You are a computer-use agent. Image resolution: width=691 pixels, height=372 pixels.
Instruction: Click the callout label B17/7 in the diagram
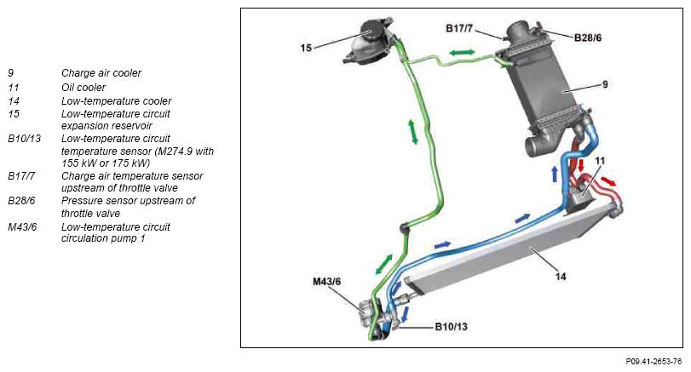click(x=458, y=29)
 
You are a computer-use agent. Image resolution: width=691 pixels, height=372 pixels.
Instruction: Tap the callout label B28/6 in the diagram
click(x=587, y=37)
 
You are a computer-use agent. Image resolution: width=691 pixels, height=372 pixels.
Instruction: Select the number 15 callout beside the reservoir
click(x=306, y=48)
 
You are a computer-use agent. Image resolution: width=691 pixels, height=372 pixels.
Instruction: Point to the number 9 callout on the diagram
click(x=605, y=84)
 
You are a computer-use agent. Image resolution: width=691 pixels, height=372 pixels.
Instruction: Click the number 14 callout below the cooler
click(x=560, y=277)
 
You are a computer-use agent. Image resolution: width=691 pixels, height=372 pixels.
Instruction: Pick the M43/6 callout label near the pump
click(x=326, y=281)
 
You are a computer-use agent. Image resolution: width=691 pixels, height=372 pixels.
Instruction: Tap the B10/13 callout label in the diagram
click(x=451, y=327)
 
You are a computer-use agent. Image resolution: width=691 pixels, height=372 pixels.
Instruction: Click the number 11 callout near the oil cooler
click(x=600, y=161)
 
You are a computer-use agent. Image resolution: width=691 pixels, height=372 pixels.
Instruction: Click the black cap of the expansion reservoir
click(x=372, y=29)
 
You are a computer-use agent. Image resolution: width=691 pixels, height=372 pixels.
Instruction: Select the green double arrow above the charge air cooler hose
click(x=462, y=53)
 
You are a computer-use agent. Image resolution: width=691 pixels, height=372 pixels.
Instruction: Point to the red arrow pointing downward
click(x=581, y=165)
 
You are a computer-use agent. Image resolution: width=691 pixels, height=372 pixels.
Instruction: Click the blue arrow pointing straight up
click(x=555, y=174)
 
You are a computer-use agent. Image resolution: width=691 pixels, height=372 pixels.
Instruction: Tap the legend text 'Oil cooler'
click(x=83, y=87)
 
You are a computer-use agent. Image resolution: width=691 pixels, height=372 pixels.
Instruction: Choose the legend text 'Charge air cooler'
click(x=101, y=73)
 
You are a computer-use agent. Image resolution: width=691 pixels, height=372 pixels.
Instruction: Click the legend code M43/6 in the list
click(x=22, y=227)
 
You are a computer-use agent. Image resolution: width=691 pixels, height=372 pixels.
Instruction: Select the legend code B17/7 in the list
click(x=21, y=176)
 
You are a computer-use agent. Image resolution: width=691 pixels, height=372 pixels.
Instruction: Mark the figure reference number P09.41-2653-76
click(x=654, y=362)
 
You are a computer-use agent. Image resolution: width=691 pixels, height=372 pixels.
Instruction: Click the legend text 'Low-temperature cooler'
click(x=116, y=100)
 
